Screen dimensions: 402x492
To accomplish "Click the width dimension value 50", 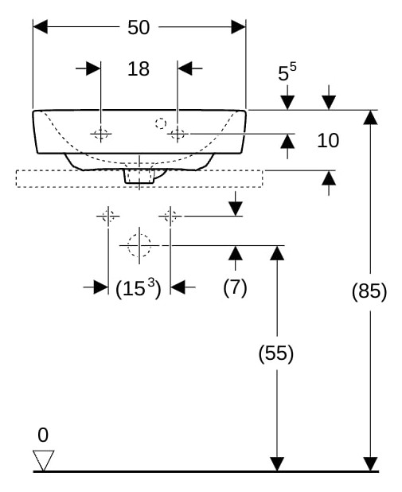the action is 139,27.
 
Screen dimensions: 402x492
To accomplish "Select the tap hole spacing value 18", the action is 139,68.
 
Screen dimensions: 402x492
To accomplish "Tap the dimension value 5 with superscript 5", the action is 287,72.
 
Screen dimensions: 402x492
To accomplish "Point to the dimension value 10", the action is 328,140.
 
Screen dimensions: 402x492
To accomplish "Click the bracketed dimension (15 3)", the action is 139,288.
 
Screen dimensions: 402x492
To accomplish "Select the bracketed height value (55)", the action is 276,353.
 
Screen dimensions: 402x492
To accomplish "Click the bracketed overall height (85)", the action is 369,291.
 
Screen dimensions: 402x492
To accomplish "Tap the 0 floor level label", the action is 43,435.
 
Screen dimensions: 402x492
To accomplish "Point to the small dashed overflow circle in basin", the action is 161,123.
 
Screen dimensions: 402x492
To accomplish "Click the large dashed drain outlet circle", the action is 139,245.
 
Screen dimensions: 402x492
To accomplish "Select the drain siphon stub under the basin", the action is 139,177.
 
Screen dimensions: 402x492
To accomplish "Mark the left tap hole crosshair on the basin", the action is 101,134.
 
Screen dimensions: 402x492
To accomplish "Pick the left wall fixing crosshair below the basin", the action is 108,217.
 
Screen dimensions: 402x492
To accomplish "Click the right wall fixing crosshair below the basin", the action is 170,217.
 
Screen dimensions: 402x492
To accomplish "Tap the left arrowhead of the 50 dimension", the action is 40,27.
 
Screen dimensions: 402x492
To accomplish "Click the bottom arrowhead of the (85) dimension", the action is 371,464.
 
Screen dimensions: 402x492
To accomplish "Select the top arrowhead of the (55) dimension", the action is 277,253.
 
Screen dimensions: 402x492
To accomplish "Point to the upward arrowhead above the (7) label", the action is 236,253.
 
